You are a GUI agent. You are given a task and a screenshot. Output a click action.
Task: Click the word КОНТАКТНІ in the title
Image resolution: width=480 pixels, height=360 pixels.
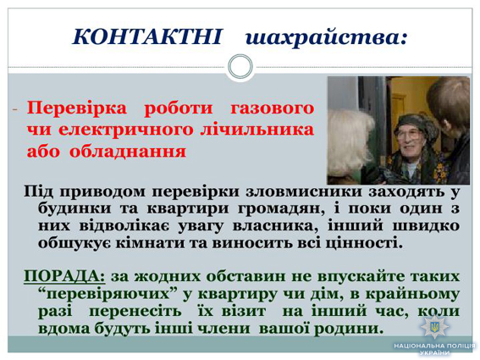(146, 36)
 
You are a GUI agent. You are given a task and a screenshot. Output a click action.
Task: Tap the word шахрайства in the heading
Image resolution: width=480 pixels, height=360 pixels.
(323, 37)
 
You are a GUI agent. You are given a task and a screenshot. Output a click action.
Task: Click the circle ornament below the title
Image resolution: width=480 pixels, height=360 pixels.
(240, 66)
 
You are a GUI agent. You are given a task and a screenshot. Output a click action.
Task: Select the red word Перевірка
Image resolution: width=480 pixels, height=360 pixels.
(76, 108)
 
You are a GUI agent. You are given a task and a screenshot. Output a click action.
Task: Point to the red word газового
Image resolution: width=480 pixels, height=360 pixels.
(272, 108)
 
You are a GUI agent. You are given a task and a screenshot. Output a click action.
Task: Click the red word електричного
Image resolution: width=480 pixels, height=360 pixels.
(126, 130)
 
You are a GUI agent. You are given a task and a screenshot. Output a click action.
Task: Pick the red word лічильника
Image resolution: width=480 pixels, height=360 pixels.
(257, 130)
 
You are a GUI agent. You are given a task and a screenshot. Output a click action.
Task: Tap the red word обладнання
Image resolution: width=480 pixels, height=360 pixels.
(128, 152)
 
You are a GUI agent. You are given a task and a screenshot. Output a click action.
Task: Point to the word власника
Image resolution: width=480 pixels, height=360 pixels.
(277, 226)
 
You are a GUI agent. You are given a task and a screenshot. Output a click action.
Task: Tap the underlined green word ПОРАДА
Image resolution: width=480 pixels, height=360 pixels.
(64, 276)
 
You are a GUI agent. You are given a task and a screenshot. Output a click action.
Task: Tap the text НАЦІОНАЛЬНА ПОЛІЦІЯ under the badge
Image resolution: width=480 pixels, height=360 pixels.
(434, 346)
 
